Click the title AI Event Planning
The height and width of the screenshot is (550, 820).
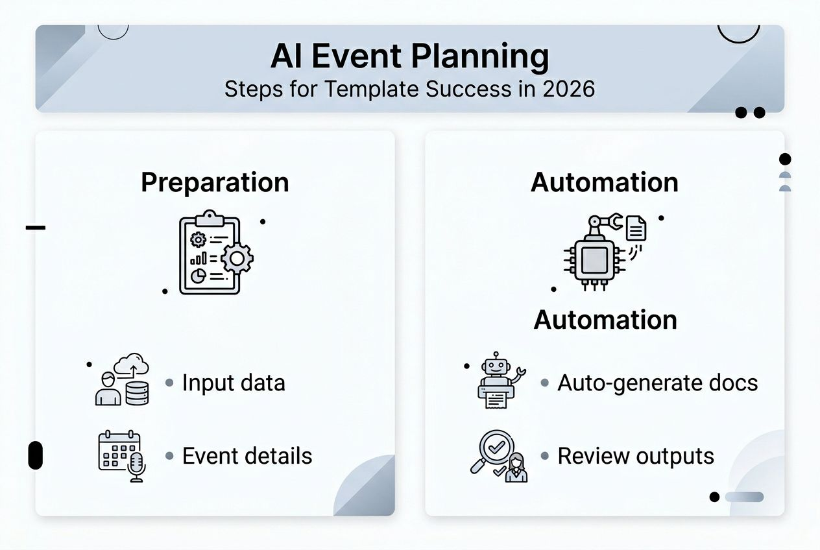(409, 56)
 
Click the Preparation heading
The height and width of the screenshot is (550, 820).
(215, 182)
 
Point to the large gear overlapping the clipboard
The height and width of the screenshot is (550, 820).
(237, 259)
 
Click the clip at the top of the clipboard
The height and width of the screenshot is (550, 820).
(209, 217)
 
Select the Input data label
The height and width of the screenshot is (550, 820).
(234, 383)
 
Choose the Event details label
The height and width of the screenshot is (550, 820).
(247, 456)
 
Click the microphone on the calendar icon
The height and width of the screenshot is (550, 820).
(136, 467)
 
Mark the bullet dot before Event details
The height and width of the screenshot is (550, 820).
(169, 456)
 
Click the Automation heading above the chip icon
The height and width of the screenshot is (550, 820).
(604, 182)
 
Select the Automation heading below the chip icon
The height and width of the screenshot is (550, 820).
(605, 320)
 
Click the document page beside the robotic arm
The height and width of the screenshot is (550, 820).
(636, 228)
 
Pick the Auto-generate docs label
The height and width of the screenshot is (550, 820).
(657, 383)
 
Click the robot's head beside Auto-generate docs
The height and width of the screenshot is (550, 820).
(497, 366)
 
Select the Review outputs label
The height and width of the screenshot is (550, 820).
(636, 456)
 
